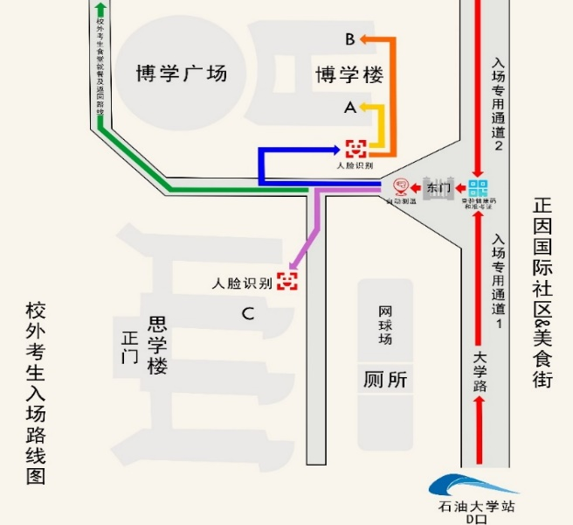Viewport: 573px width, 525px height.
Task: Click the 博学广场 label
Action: click(x=181, y=73)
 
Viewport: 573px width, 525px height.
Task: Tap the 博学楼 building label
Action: click(x=349, y=75)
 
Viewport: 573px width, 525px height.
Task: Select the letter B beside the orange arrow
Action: click(x=349, y=39)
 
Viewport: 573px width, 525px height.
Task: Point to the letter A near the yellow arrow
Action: click(x=350, y=108)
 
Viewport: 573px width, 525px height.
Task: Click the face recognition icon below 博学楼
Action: click(x=356, y=148)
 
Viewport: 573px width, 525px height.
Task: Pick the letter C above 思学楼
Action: click(x=248, y=314)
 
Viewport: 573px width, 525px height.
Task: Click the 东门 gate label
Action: click(x=438, y=188)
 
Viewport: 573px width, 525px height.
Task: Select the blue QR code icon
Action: click(x=478, y=188)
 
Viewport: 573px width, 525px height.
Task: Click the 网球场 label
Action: click(x=385, y=325)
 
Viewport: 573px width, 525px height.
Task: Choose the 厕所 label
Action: click(x=385, y=380)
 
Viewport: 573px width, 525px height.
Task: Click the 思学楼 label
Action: click(x=157, y=346)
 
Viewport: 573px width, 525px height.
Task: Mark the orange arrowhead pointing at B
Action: click(x=366, y=39)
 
